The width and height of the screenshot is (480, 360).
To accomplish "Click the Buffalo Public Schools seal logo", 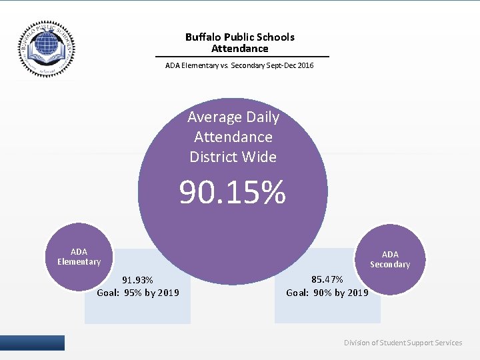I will [x=47, y=49].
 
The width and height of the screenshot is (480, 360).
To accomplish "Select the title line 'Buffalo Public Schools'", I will [x=239, y=37].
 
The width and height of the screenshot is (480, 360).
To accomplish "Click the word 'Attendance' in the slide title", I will [x=239, y=49].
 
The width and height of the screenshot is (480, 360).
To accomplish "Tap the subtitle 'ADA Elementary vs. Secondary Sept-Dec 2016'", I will [x=239, y=65].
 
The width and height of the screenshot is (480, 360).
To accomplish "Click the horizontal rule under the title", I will [x=242, y=57].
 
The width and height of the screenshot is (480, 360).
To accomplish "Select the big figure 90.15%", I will [x=232, y=193].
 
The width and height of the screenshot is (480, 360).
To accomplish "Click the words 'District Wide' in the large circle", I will [x=233, y=157].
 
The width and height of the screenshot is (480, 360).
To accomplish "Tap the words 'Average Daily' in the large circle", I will [x=233, y=117].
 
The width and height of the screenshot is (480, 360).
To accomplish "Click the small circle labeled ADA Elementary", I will [x=79, y=257].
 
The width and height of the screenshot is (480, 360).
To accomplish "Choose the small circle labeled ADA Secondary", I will [x=390, y=259].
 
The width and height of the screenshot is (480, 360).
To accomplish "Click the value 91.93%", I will [x=137, y=280].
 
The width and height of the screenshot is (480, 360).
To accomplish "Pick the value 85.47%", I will [x=327, y=279].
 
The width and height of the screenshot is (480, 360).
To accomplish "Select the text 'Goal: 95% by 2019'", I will [x=138, y=293].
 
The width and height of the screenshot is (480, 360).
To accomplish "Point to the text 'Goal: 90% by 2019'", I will [x=327, y=293].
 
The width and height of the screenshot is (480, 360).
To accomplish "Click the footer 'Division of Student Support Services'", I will [x=403, y=343].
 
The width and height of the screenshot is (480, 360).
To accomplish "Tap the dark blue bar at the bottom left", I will [x=32, y=343].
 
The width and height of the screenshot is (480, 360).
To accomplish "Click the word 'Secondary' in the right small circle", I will [x=390, y=265].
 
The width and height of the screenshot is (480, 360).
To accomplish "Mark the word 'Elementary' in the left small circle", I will [x=79, y=262].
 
